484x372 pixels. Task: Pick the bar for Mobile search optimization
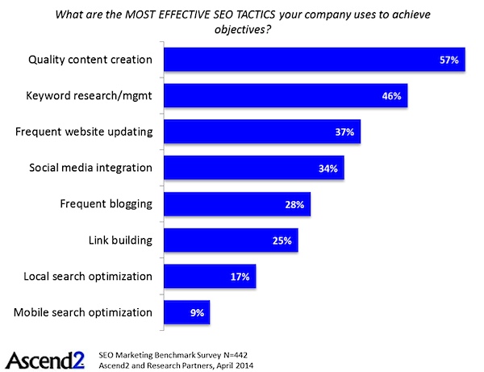pyautogui.click(x=187, y=312)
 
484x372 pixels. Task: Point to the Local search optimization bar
pyautogui.click(x=210, y=277)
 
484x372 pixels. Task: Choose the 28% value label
pyautogui.click(x=294, y=205)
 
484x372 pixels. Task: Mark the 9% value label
pyautogui.click(x=196, y=312)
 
